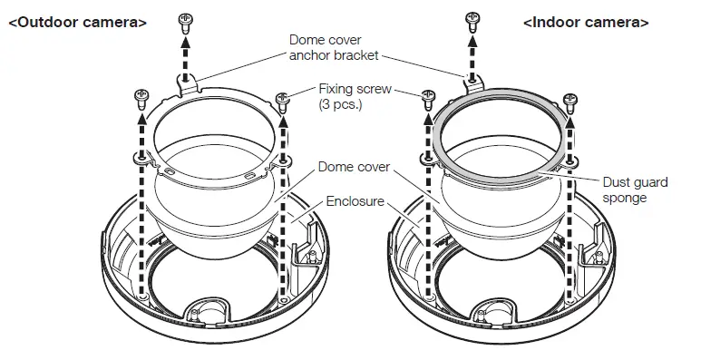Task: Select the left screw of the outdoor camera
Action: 141,94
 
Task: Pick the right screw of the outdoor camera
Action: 283,97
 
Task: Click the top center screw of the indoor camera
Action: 472,19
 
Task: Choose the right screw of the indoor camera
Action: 570,97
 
